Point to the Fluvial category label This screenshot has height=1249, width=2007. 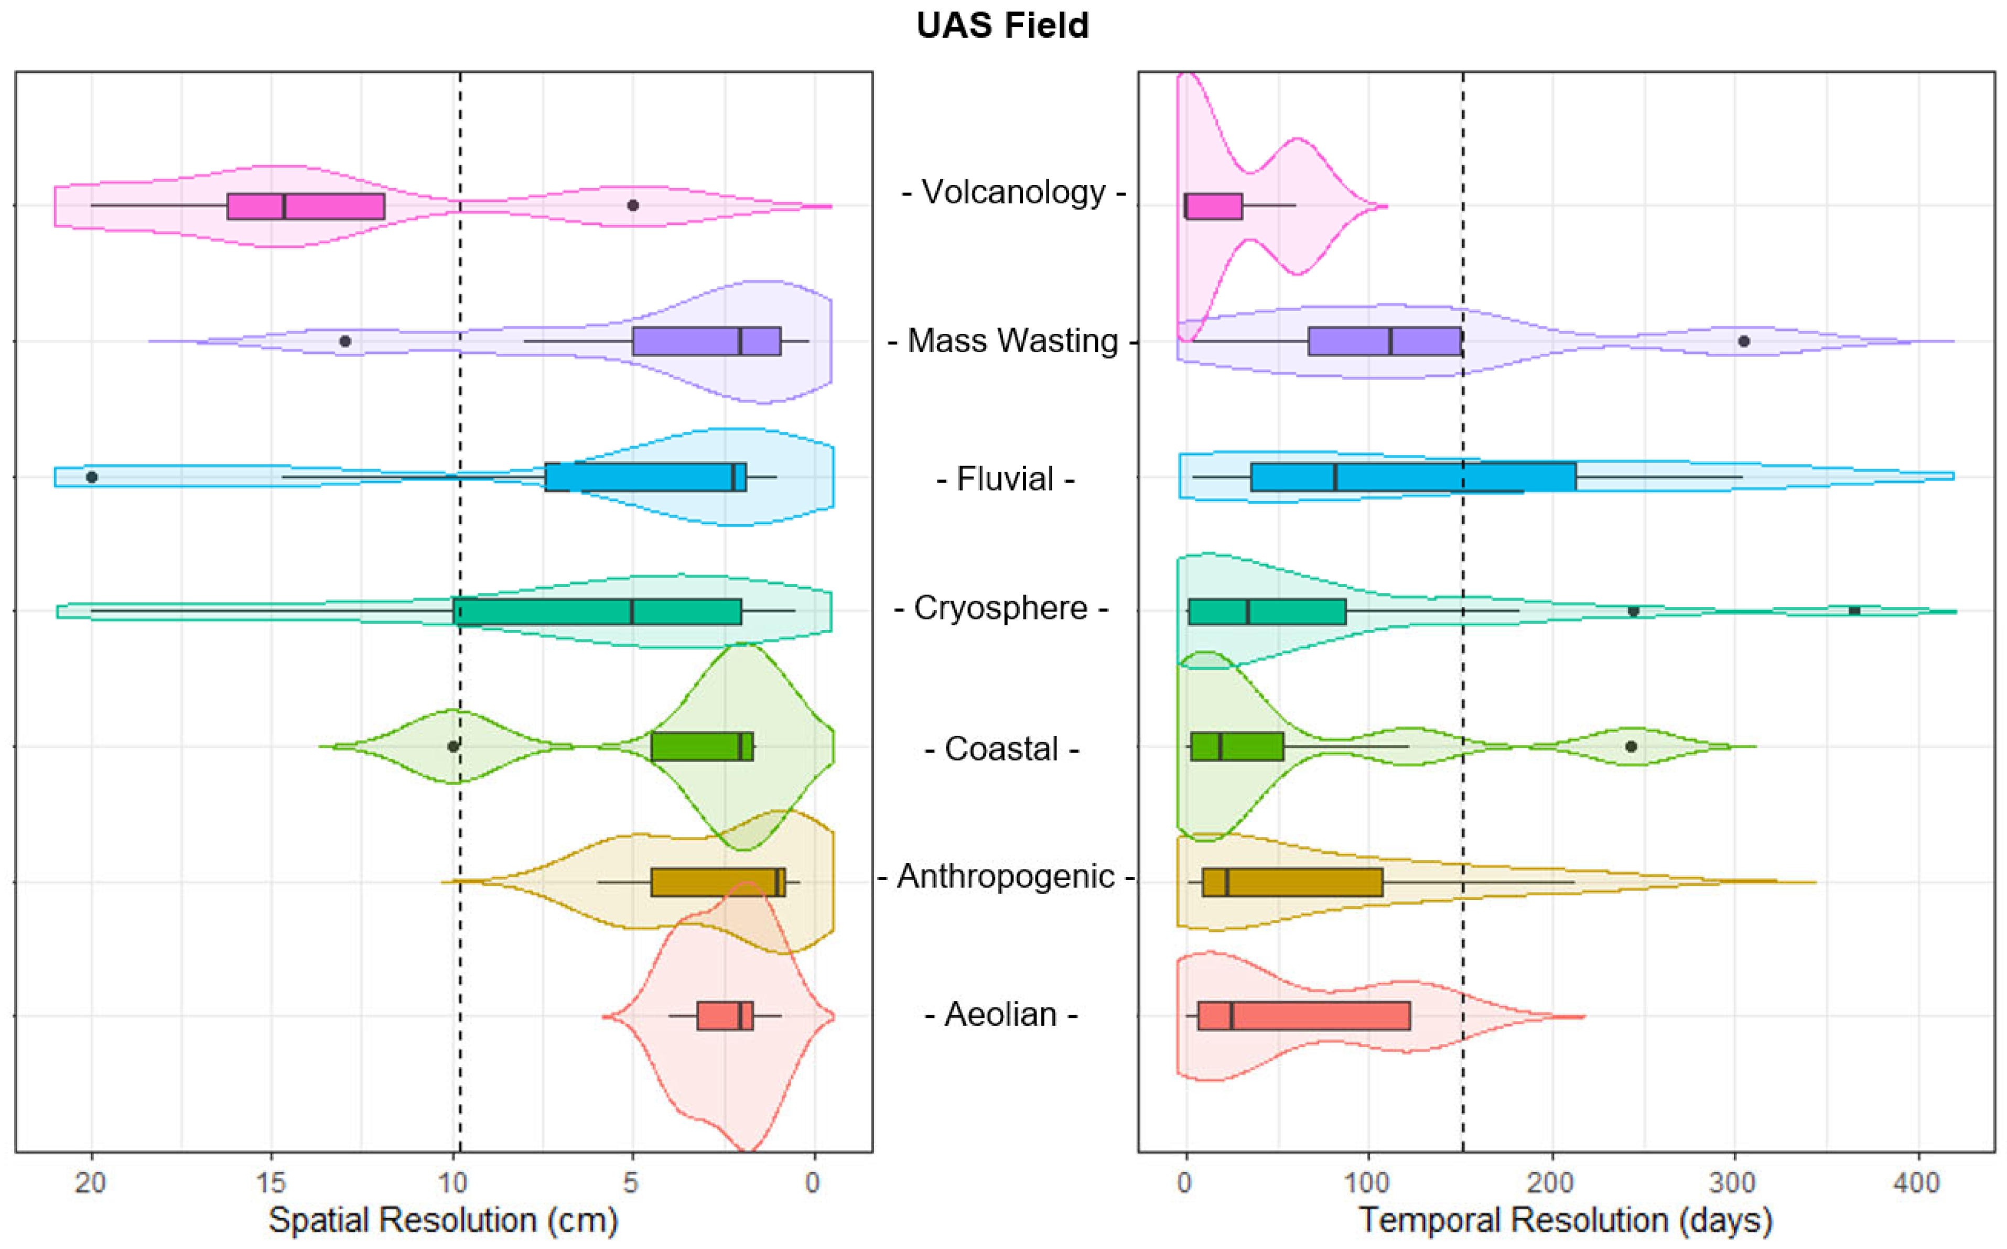[x=1005, y=479]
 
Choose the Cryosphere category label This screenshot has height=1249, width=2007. [x=1000, y=609]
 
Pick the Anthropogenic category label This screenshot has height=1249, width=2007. [x=1006, y=876]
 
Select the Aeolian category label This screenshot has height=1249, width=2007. [x=1000, y=1014]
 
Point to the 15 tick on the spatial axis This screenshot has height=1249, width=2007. [x=271, y=1183]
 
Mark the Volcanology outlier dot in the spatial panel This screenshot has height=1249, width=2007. [x=633, y=205]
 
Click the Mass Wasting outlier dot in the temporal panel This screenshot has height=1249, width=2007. [x=1743, y=341]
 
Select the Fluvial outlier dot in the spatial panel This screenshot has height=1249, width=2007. [x=92, y=476]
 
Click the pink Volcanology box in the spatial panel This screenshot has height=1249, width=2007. [x=306, y=207]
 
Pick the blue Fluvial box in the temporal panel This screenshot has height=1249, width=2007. [x=1413, y=476]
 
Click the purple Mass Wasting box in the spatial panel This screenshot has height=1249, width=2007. [x=706, y=341]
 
